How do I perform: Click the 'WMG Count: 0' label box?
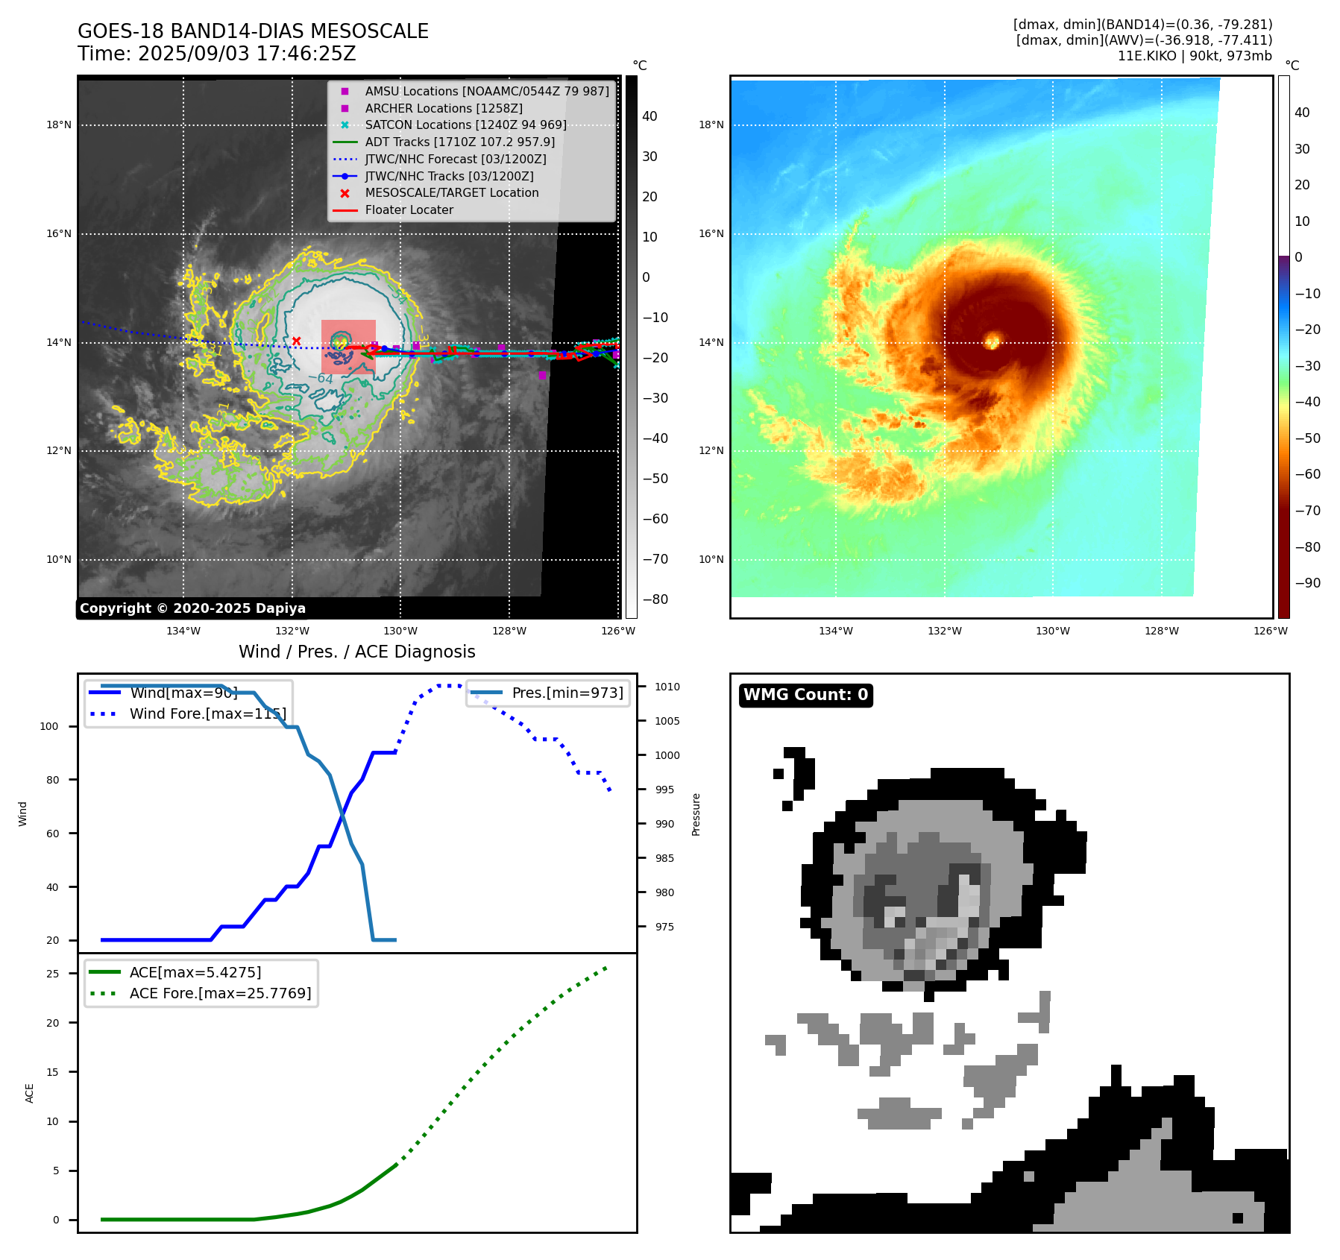click(x=805, y=695)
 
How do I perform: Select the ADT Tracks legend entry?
click(x=459, y=142)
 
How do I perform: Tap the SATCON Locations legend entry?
click(x=465, y=125)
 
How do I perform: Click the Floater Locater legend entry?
click(x=409, y=210)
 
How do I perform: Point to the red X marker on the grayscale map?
click(x=296, y=341)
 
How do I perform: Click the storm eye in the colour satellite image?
click(x=992, y=341)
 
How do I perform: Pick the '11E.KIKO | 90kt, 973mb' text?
click(x=1195, y=56)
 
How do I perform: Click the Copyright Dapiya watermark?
click(x=192, y=608)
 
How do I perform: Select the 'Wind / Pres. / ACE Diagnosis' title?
click(x=356, y=652)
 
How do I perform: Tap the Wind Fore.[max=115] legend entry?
click(x=207, y=714)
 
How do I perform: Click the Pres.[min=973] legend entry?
click(x=567, y=693)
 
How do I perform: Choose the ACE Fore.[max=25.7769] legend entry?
click(x=220, y=993)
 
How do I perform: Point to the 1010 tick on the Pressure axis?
click(x=667, y=687)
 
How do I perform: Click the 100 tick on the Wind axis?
click(x=49, y=726)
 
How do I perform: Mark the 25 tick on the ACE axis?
click(x=52, y=974)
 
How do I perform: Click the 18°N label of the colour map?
click(x=711, y=125)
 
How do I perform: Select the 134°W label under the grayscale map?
click(x=183, y=631)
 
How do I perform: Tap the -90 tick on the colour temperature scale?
click(x=1307, y=583)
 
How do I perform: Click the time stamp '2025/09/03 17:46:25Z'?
click(x=247, y=54)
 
